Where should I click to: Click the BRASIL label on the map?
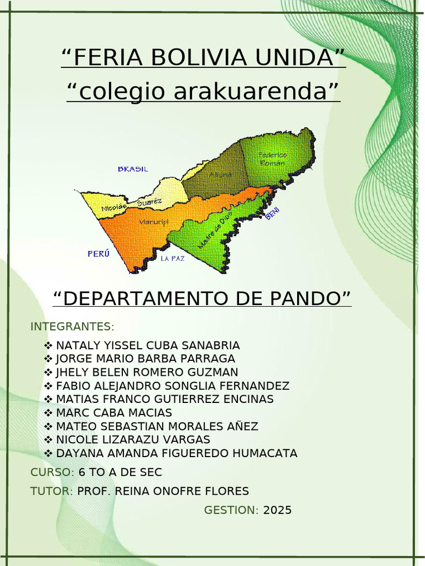(x=133, y=169)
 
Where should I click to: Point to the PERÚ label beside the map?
(x=99, y=254)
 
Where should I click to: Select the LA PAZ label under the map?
(x=173, y=258)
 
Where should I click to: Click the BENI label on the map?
(x=273, y=213)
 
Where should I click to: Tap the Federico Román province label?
(x=272, y=159)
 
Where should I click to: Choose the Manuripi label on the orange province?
(x=153, y=222)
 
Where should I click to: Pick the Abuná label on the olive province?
(x=220, y=175)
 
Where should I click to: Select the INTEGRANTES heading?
(x=72, y=326)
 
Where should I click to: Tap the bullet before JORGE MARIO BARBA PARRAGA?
(x=48, y=359)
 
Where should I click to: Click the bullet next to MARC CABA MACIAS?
(x=48, y=413)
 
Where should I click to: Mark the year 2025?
(x=277, y=510)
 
